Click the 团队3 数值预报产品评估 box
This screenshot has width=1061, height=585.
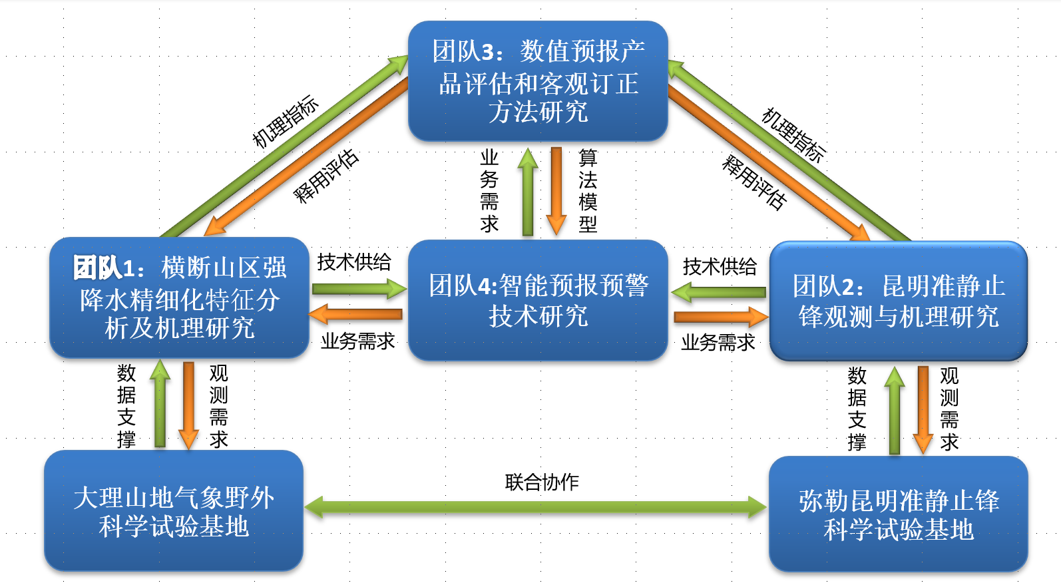(x=538, y=81)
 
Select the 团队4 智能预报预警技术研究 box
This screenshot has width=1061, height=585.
(x=538, y=300)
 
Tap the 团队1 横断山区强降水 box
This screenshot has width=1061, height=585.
(x=179, y=297)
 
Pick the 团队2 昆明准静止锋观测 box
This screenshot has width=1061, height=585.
(x=898, y=301)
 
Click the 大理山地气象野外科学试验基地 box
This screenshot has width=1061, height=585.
(x=174, y=510)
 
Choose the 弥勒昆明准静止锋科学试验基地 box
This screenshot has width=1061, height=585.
(x=898, y=514)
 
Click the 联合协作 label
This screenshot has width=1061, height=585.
(x=542, y=482)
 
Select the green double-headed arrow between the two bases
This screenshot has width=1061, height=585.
(x=536, y=506)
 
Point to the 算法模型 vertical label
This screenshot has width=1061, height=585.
(x=588, y=190)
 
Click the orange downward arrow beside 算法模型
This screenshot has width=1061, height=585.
(x=556, y=190)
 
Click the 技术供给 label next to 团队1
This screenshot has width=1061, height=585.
(x=354, y=262)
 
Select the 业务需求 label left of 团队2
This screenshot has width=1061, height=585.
(x=718, y=343)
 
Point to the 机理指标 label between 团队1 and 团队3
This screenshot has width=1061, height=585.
(x=285, y=121)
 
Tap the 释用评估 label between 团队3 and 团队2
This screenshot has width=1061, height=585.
(x=754, y=182)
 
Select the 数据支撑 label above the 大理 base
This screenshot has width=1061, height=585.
(x=126, y=406)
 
